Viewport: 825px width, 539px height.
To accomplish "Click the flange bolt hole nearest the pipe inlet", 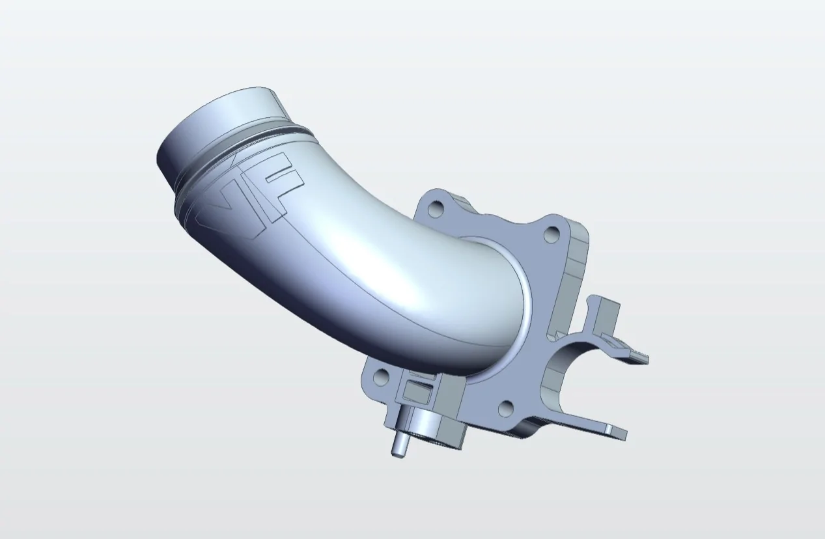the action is pos(438,207).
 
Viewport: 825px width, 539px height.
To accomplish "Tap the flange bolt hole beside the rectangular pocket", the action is pos(380,377).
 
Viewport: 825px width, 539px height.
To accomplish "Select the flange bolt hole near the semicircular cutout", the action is pos(507,408).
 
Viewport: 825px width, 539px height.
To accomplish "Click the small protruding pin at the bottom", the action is pos(399,445).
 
